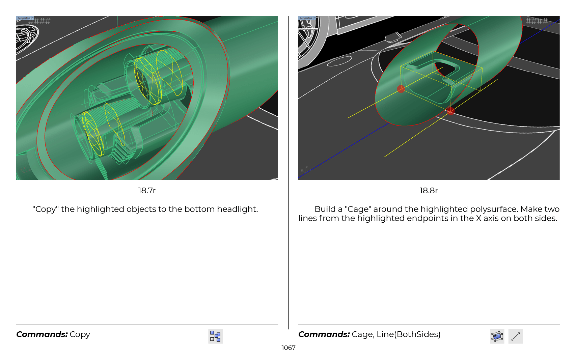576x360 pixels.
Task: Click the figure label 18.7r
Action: point(147,191)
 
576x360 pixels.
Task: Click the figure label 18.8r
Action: point(429,191)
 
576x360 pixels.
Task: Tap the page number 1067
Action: point(288,348)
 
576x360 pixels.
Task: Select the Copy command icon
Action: point(215,336)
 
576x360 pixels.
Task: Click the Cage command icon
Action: point(497,336)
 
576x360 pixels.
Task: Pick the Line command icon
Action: point(515,336)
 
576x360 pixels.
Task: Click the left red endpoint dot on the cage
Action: point(401,89)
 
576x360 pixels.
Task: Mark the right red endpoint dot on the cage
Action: point(450,111)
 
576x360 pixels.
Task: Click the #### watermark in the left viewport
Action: point(39,21)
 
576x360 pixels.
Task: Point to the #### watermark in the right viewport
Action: point(537,21)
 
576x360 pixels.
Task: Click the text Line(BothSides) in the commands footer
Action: point(409,334)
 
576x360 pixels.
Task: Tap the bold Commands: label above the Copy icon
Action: point(42,334)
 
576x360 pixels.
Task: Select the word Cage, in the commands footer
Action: point(363,335)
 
